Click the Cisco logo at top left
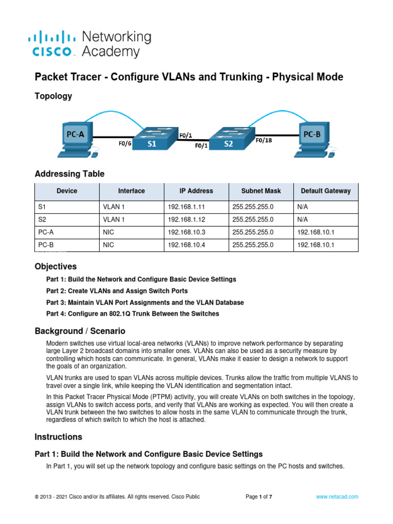54,44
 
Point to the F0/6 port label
125,144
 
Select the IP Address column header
196,191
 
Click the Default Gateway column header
325,191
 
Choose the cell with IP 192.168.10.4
183,245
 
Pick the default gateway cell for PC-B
315,245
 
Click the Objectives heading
55,267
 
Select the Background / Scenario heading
79,331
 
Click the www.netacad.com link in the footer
337,497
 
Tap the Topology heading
53,96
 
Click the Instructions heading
58,437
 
